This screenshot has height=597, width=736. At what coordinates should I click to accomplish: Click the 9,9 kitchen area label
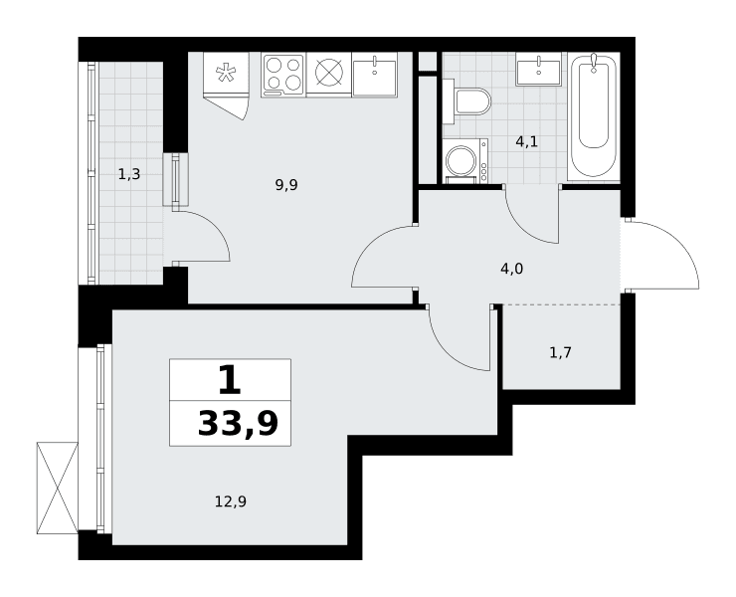pos(286,185)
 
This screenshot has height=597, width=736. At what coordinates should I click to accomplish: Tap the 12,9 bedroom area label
pos(231,502)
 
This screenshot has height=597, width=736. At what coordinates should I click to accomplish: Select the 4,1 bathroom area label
pos(527,141)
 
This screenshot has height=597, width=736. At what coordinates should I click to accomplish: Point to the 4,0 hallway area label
pos(511,269)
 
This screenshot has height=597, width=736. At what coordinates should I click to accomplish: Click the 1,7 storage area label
pos(560,352)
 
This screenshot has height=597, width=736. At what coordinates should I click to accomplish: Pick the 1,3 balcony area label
pos(129,175)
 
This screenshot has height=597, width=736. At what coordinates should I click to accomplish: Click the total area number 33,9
pos(238,424)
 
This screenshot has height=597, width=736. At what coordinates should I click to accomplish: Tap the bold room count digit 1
pos(230,380)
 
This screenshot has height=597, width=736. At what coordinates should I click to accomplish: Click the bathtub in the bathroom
pos(594,116)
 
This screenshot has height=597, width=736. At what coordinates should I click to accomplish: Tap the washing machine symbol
pos(465,160)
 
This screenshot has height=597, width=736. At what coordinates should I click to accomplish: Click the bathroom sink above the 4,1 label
pos(538,69)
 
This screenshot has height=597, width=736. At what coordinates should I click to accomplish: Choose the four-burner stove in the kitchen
pos(283,75)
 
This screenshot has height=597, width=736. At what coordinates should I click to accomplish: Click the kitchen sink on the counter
pos(375,75)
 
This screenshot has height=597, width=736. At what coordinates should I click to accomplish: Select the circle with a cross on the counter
pos(329,73)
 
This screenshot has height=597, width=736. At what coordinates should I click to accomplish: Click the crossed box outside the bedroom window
pos(58,488)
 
